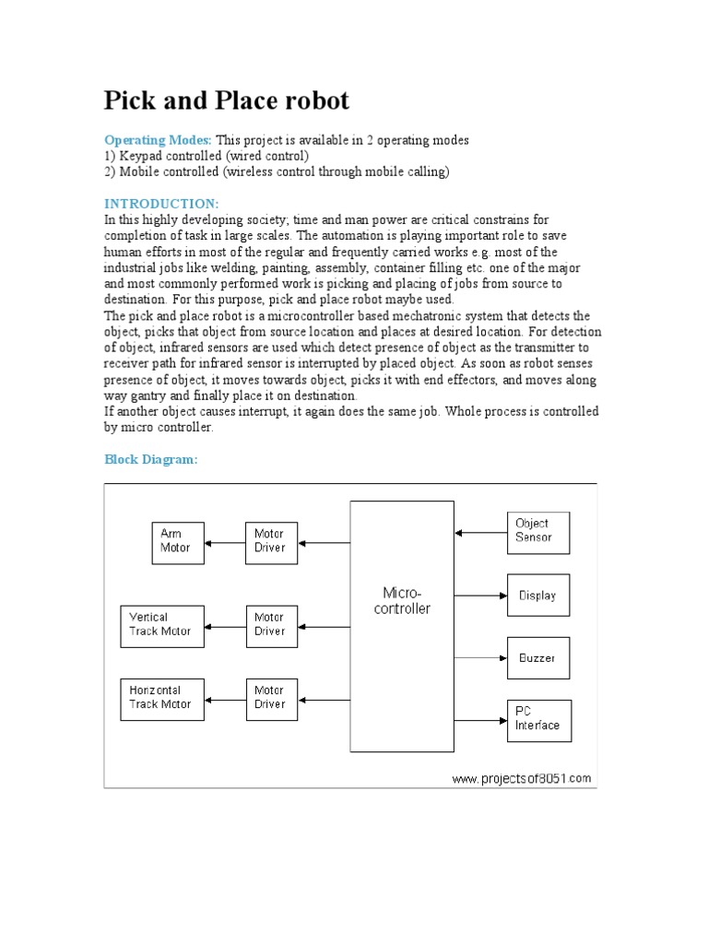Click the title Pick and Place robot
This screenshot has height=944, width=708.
[226, 100]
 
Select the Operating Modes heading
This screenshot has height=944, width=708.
[158, 140]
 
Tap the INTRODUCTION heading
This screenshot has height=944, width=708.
[161, 203]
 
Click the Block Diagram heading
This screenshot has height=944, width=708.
[150, 459]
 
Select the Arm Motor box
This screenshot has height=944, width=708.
[178, 541]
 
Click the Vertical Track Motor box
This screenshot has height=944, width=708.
[162, 625]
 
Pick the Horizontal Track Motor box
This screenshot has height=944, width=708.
[162, 698]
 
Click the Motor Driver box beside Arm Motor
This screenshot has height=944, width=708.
[271, 541]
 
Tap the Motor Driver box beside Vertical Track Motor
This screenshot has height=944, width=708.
[271, 625]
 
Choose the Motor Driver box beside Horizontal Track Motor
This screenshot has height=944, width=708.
[271, 698]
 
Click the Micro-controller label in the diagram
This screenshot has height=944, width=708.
[402, 600]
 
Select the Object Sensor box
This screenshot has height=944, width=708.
[538, 531]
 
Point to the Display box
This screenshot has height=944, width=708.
[538, 596]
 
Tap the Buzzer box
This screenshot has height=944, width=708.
[538, 659]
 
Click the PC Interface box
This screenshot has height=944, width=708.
[538, 719]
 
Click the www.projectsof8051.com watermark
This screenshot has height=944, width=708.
[521, 778]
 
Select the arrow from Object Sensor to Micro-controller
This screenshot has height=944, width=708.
[480, 532]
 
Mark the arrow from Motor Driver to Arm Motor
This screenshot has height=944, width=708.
[225, 542]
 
